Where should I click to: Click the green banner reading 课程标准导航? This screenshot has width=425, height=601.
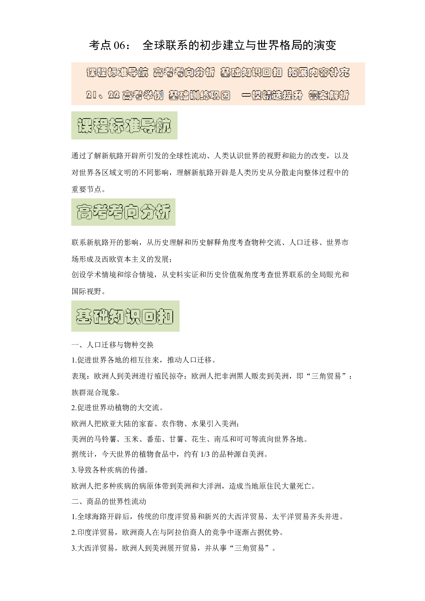(124, 125)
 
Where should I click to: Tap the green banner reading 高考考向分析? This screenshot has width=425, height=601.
(123, 212)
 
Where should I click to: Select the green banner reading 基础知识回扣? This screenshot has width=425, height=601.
(125, 316)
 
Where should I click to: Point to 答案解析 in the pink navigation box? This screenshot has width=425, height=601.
(329, 95)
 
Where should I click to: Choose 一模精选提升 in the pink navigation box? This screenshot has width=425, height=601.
(272, 95)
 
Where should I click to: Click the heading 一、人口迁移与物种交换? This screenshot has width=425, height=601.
(113, 345)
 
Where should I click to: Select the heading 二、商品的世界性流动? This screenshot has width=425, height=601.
(109, 502)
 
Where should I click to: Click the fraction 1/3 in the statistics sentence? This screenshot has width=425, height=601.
(205, 454)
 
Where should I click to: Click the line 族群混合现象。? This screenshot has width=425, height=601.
(96, 392)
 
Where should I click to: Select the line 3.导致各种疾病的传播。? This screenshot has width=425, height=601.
(110, 470)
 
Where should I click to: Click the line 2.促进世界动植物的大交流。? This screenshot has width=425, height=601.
(118, 408)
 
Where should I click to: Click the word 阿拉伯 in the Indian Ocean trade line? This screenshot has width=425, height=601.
(178, 532)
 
